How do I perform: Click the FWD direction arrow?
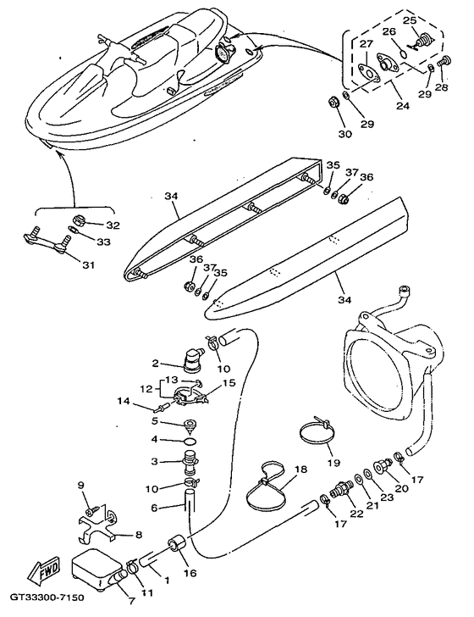coord(44,570)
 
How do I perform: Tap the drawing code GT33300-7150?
coord(47,598)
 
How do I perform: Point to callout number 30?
coord(345,134)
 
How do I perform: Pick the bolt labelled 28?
coord(444,61)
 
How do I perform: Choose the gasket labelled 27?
coord(369,74)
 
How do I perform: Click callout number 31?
coord(88,264)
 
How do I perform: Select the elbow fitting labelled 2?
coord(191,356)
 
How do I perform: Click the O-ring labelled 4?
coord(190,441)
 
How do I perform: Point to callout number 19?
coord(333,463)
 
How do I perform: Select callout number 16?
coord(190,573)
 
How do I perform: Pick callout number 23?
coord(387,497)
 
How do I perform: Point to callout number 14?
coord(123,402)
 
